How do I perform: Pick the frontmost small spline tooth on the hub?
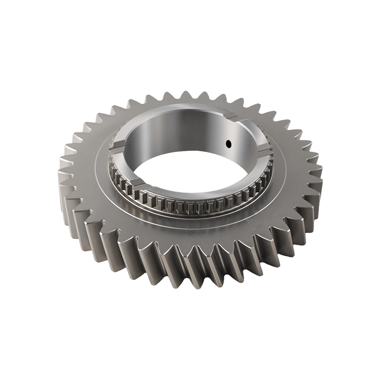[x=187, y=206]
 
